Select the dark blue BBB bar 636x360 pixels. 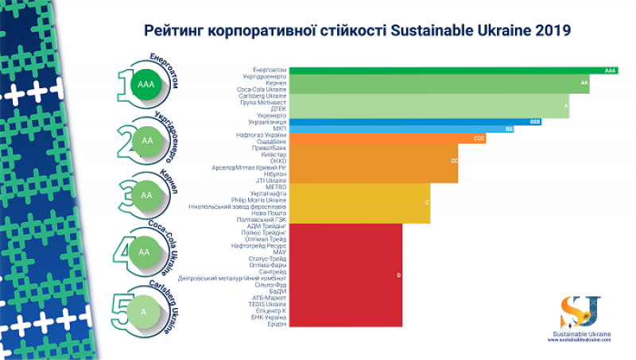click(413, 122)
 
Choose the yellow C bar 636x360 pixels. click(358, 203)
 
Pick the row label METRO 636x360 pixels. click(276, 187)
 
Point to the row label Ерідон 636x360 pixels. click(276, 323)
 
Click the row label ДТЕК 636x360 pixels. click(277, 109)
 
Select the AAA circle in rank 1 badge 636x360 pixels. click(145, 83)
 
